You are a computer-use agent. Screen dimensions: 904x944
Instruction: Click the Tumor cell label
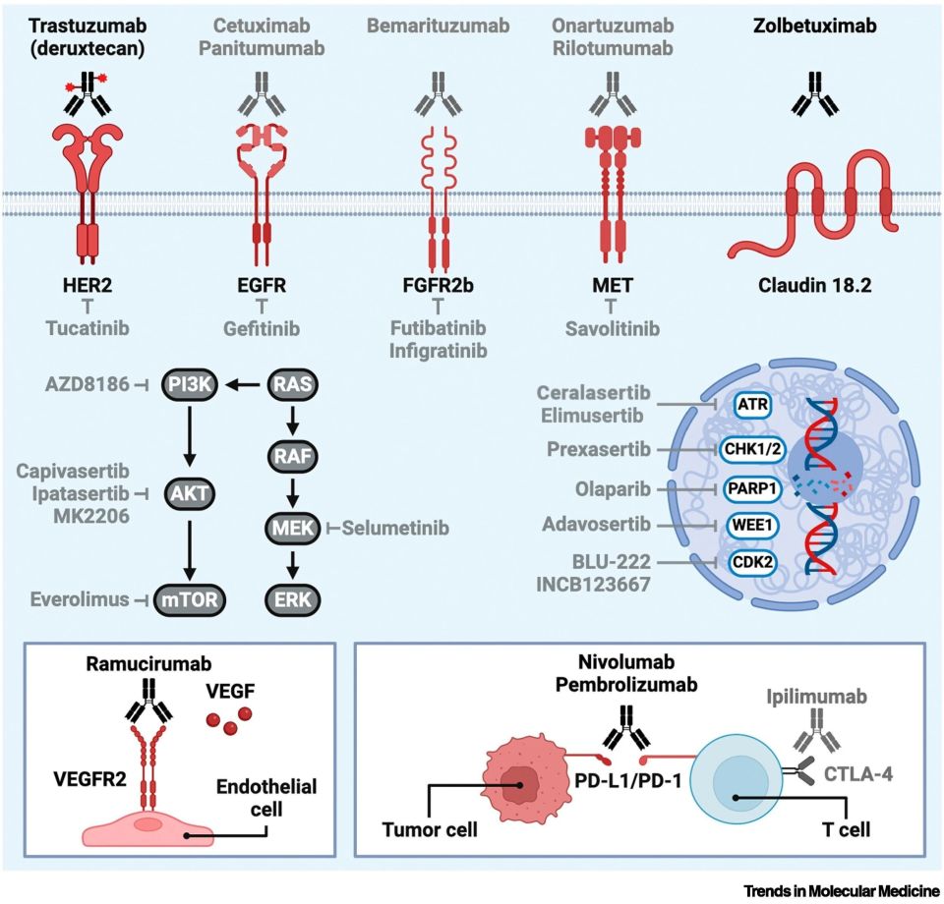[430, 829]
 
